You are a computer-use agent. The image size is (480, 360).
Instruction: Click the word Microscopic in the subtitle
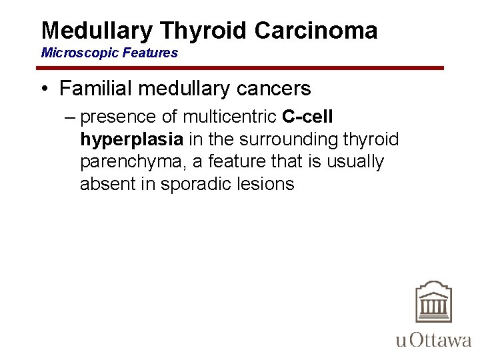coord(73,53)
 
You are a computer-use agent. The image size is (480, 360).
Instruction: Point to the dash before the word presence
coord(71,117)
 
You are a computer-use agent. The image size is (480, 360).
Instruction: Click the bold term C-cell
coord(307,117)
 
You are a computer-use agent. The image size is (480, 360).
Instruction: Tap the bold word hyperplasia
coord(131,139)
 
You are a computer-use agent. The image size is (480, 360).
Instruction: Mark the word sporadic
coord(191,184)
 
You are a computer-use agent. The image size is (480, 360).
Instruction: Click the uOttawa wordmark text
coord(434,340)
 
